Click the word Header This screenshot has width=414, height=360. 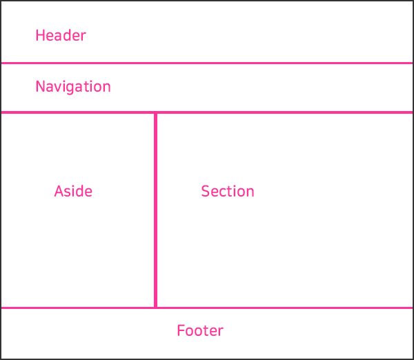click(61, 35)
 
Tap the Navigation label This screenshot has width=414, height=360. click(73, 87)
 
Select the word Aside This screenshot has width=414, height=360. click(73, 191)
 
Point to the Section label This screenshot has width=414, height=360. click(228, 191)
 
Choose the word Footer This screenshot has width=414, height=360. click(200, 331)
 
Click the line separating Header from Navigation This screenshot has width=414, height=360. click(207, 63)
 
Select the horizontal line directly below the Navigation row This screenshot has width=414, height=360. click(207, 112)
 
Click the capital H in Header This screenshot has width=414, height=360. click(40, 35)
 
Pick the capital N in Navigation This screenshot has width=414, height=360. click(40, 87)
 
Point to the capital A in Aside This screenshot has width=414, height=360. click(59, 191)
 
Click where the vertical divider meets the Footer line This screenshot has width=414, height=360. click(156, 308)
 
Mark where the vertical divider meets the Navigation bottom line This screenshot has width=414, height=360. click(156, 112)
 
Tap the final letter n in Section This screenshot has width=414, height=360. click(250, 192)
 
